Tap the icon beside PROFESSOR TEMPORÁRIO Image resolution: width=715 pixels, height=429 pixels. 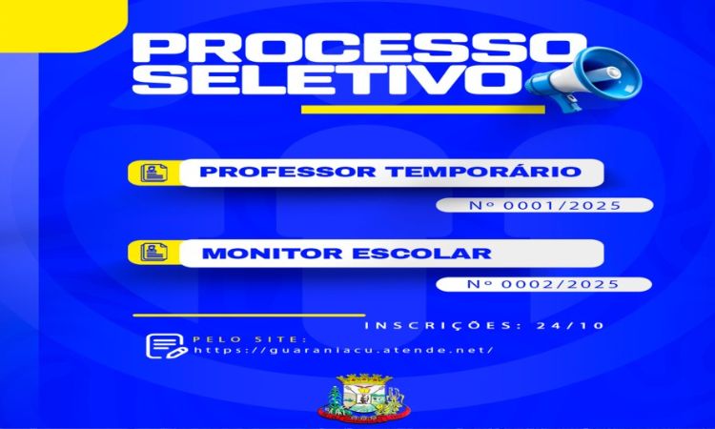152,173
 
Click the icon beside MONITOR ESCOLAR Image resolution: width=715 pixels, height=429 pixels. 152,253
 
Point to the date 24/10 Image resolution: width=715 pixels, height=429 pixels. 570,326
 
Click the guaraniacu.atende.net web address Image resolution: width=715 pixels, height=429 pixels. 343,350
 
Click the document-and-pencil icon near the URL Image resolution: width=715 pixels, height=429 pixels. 165,344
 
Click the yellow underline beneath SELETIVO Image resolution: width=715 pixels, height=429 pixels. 422,109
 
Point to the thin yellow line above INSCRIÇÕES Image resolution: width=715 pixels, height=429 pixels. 248,315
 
